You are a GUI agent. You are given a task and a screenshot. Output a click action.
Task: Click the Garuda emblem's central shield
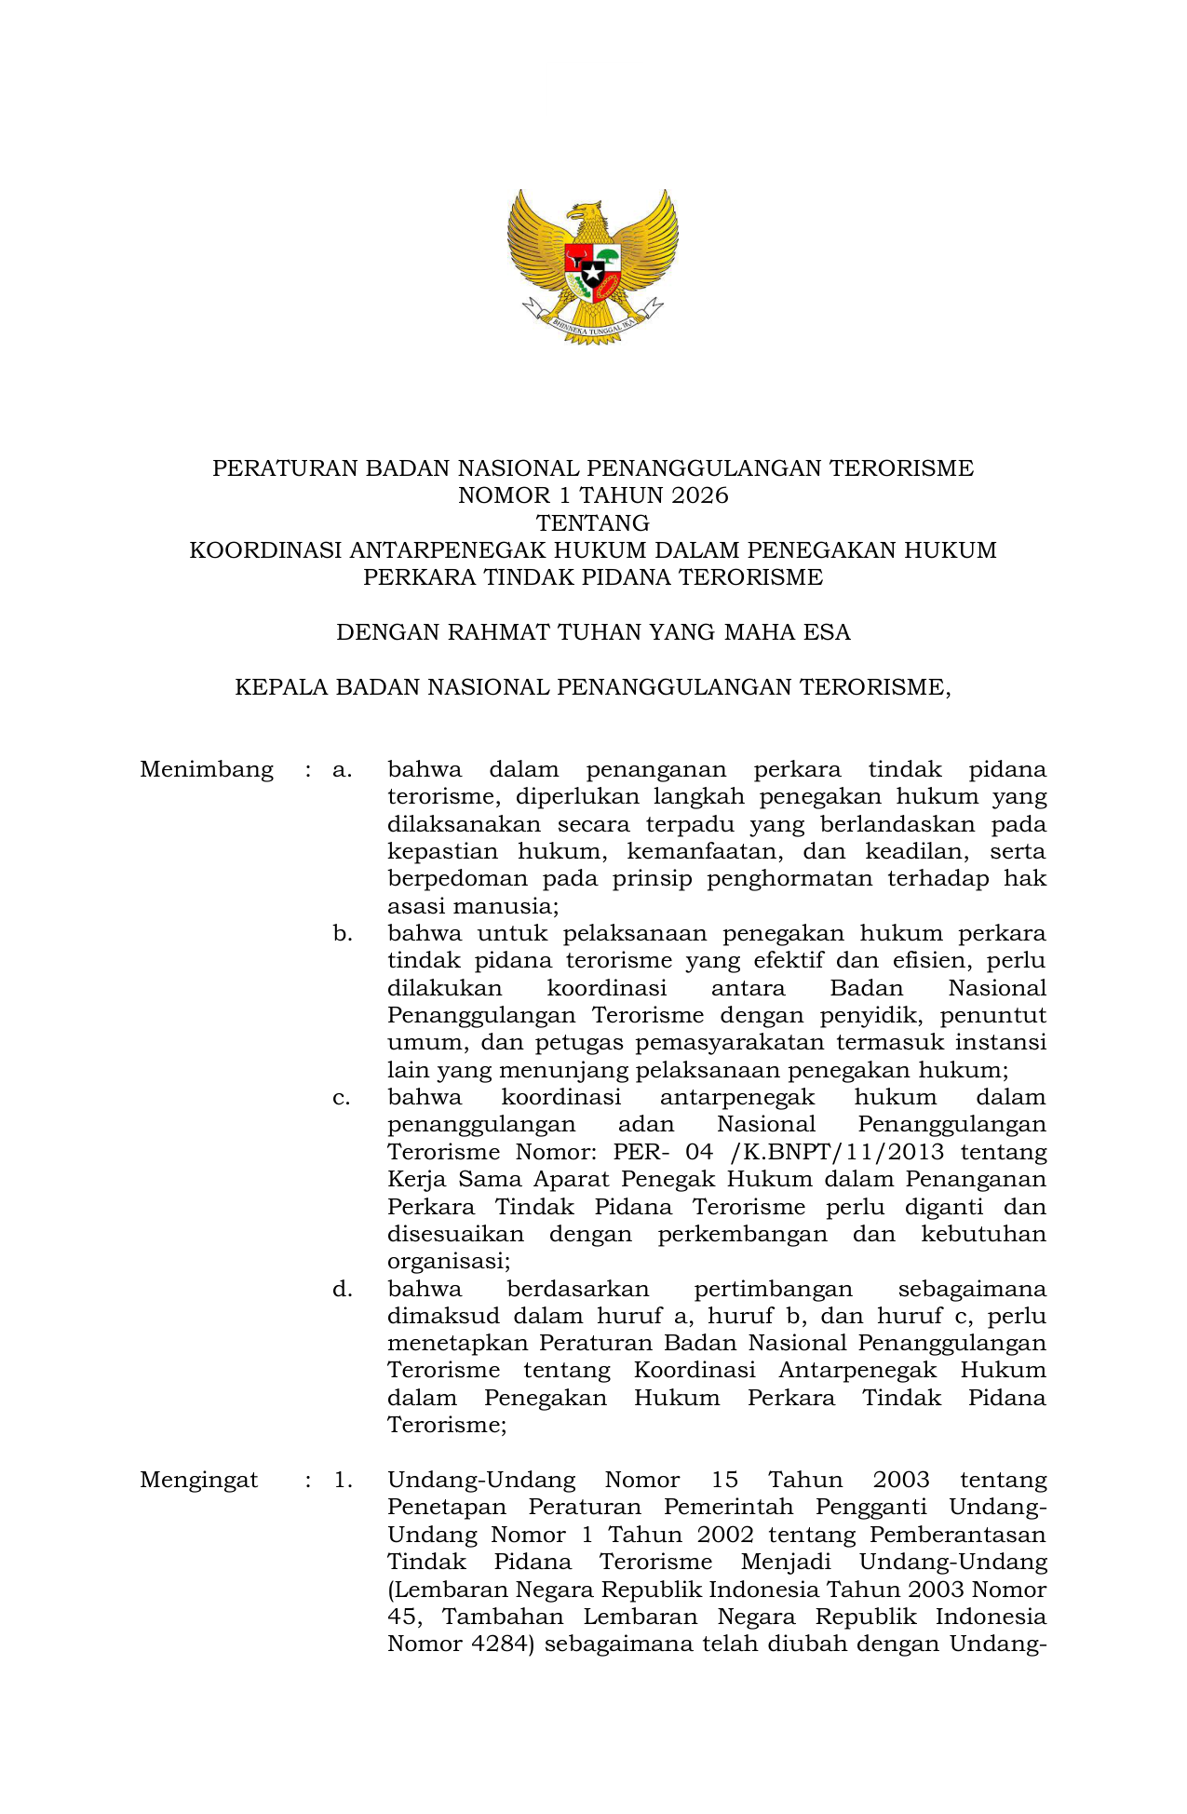tap(593, 270)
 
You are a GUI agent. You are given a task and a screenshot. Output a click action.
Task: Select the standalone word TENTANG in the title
tap(593, 522)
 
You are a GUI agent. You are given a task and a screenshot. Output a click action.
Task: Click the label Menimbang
tap(207, 769)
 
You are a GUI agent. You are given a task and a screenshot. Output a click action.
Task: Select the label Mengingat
tap(199, 1480)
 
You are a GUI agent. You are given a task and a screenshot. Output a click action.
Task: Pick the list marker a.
tap(342, 770)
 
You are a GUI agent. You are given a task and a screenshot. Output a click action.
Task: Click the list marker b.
tap(342, 933)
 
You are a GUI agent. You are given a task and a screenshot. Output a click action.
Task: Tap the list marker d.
tap(342, 1289)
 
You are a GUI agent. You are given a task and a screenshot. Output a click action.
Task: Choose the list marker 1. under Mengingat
tap(343, 1480)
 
